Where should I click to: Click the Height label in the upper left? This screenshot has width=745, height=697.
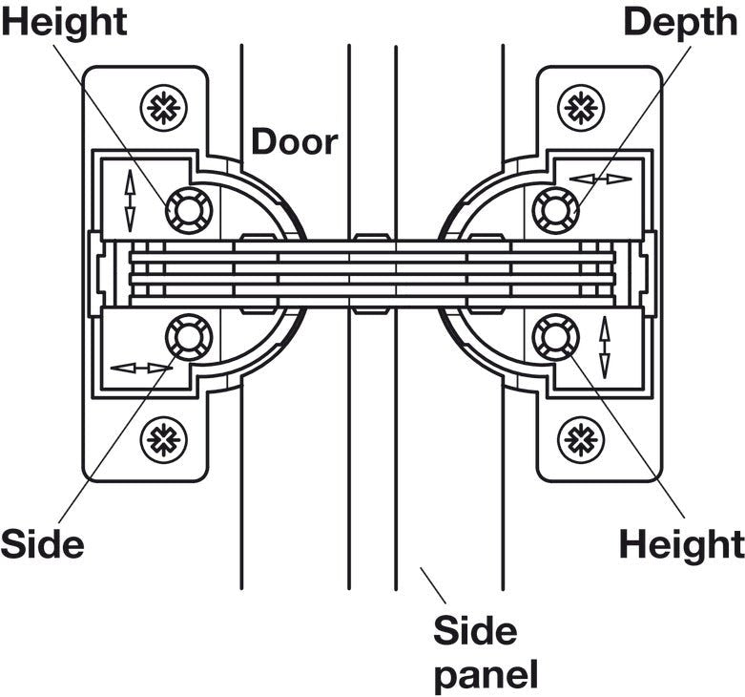point(63,23)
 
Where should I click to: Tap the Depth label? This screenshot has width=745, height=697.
point(680,23)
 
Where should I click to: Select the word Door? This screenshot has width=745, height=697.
point(295,141)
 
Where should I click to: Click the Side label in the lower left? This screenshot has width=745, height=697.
point(42,544)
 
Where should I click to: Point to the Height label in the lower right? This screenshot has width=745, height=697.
point(681,544)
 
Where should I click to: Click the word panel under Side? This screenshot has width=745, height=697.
point(486,674)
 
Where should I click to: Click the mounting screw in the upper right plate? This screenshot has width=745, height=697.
point(579,106)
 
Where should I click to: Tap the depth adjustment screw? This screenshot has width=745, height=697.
point(554,208)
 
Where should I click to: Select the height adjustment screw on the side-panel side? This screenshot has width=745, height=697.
point(554,337)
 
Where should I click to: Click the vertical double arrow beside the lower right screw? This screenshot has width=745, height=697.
point(603,348)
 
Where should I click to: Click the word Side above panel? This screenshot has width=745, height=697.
point(475,631)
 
